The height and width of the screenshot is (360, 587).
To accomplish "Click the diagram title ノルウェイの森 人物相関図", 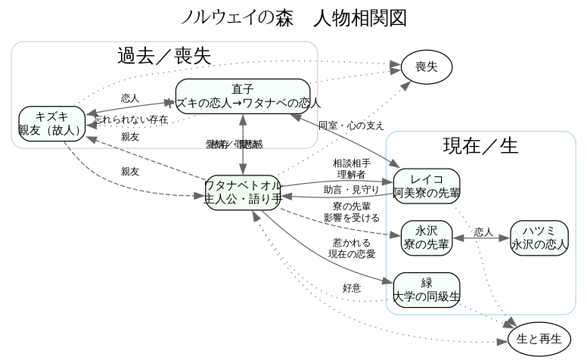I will click(294, 17).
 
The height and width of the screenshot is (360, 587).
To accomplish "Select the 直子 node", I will click(243, 96).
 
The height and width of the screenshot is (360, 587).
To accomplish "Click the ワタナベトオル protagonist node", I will click(243, 193).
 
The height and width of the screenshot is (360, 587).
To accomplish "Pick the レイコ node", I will click(427, 187).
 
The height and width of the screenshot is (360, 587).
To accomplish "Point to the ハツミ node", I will click(539, 238).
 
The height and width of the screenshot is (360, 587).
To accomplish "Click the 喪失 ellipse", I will click(427, 67).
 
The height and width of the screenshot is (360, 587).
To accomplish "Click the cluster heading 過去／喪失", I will click(163, 56).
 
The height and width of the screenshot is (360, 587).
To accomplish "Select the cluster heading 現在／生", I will click(480, 146).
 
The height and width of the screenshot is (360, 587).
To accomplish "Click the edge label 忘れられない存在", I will click(131, 120).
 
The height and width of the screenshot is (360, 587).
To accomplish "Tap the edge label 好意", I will click(352, 288).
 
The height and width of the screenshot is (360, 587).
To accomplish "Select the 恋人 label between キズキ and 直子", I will click(131, 98).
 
